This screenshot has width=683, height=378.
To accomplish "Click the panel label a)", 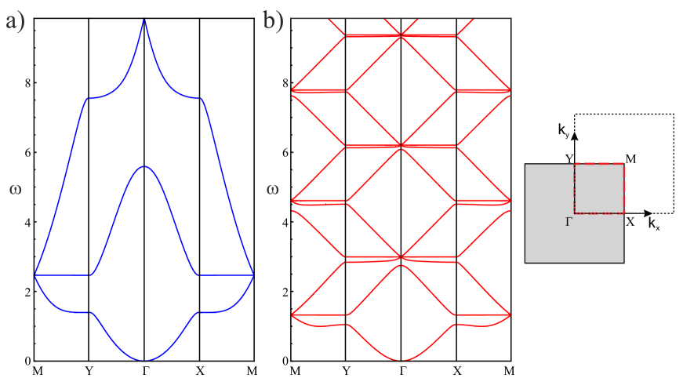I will tap(16, 20).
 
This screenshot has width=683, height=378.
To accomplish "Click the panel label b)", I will tap(274, 20).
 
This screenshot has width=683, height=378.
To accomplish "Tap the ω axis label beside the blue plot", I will tap(16, 189).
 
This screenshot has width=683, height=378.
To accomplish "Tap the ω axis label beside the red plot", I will tap(273, 189).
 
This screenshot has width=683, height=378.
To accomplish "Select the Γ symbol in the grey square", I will tap(569, 222).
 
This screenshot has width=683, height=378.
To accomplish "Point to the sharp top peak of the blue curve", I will tap(144, 20).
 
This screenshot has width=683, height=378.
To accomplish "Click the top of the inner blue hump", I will tap(144, 166).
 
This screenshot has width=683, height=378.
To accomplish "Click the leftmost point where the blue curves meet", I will tap(35, 274).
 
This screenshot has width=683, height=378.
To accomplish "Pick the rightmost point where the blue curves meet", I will tap(253, 274).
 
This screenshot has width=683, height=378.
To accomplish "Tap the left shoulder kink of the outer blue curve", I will tap(87, 99).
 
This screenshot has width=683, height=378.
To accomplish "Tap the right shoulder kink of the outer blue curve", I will tap(202, 99).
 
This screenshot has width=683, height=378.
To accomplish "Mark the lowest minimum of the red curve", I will tap(401, 360).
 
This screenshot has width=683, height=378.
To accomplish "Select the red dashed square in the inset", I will tap(599, 188).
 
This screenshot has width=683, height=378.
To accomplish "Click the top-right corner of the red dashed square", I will tap(624, 164).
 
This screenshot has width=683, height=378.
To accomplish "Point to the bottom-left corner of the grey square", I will tap(525, 262).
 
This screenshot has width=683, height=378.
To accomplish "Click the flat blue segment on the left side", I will tap(64, 274).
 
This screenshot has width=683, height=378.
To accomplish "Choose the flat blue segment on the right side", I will tap(226, 274).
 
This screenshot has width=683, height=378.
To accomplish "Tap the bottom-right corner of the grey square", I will tap(623, 262).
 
